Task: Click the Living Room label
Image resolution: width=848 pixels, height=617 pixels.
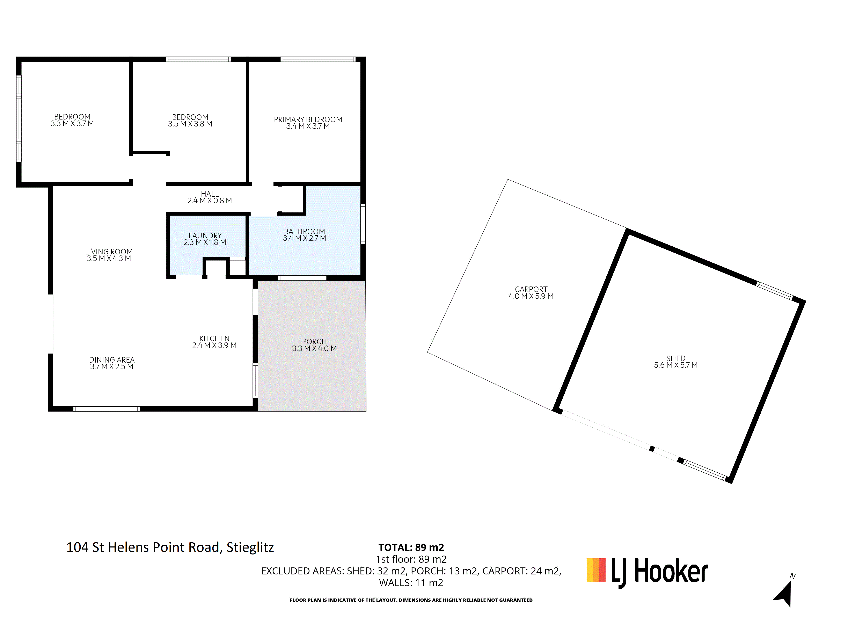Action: [109, 252]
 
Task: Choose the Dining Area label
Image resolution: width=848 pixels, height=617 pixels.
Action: [112, 360]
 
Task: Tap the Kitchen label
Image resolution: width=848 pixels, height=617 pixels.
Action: [214, 338]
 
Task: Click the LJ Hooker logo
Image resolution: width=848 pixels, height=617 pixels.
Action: [647, 573]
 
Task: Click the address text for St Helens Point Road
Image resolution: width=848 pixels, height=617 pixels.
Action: [170, 547]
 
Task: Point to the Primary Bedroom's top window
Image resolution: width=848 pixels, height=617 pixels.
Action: [318, 59]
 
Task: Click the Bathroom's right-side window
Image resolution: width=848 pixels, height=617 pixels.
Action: [363, 224]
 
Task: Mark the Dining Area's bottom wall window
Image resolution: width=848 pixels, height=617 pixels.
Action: [107, 409]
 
